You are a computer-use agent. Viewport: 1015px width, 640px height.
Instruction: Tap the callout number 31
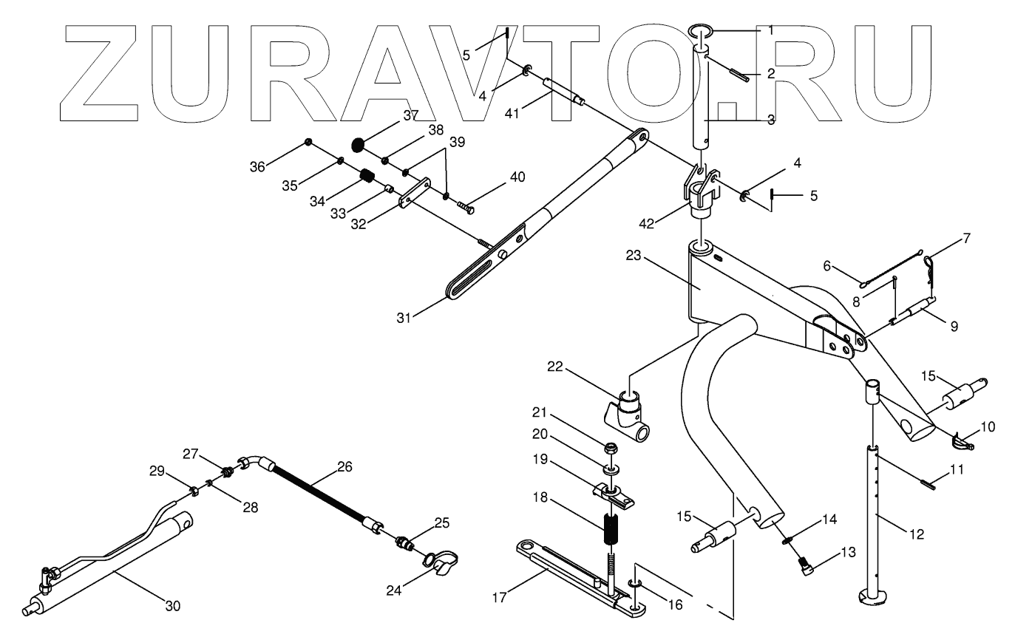coord(403,319)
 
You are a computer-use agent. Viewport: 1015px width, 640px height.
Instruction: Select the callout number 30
coord(172,606)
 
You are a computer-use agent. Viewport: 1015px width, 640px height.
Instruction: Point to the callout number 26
coord(344,466)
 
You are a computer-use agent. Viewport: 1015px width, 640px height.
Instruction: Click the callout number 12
coord(917,534)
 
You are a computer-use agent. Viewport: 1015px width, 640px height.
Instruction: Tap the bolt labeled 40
coord(466,207)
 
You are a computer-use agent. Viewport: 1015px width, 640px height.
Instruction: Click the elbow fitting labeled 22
coord(631,414)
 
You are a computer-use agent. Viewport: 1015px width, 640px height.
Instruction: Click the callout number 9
coord(954,325)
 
